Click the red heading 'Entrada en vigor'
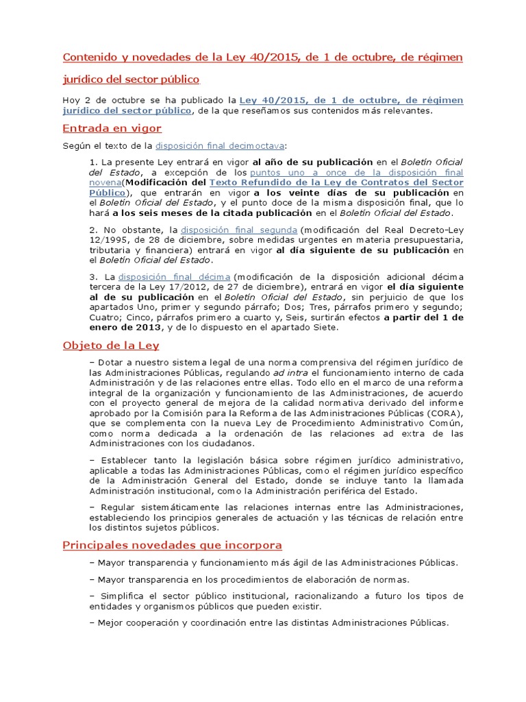pyautogui.click(x=112, y=128)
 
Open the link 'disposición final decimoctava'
pyautogui.click(x=220, y=145)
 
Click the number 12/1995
pyautogui.click(x=112, y=240)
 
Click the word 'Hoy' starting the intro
pyautogui.click(x=71, y=100)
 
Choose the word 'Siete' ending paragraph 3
pyautogui.click(x=324, y=328)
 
